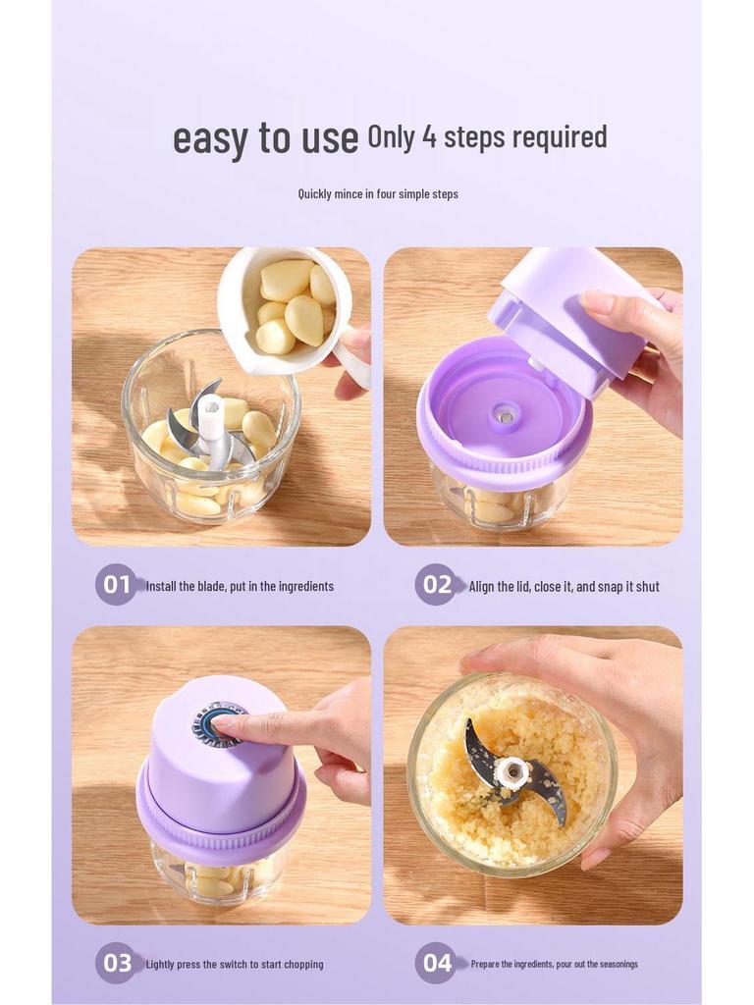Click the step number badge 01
click(117, 585)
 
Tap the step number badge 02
click(437, 585)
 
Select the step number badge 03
click(117, 963)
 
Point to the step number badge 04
click(437, 963)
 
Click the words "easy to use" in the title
click(265, 138)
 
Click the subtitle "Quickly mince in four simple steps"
click(378, 193)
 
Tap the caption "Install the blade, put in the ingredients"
click(240, 586)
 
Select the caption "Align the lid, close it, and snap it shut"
click(564, 586)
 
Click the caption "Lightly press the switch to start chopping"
click(235, 964)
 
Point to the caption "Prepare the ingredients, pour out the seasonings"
click(554, 964)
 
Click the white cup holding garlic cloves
click(285, 309)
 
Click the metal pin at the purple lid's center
click(506, 416)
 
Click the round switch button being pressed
click(218, 724)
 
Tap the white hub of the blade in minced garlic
click(512, 771)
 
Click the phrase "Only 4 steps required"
click(487, 136)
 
